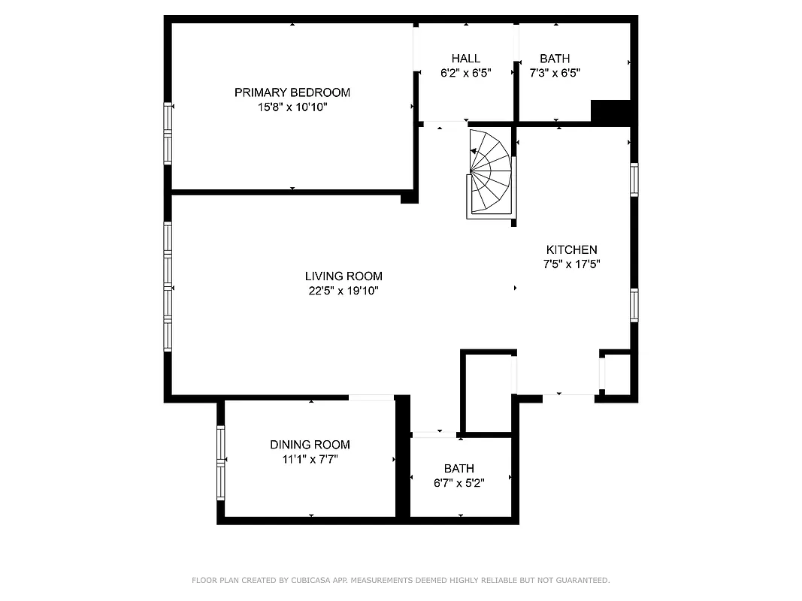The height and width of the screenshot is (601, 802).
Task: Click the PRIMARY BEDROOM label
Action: click(x=292, y=92)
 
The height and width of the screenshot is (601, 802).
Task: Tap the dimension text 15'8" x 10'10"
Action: click(x=292, y=107)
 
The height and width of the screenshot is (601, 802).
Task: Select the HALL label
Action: click(x=465, y=59)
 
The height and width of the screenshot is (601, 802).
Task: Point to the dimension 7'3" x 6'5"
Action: click(x=555, y=73)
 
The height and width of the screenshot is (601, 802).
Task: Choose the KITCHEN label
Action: click(x=571, y=250)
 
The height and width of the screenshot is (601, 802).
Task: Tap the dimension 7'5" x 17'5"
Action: click(x=571, y=264)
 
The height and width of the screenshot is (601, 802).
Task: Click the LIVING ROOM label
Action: click(x=343, y=276)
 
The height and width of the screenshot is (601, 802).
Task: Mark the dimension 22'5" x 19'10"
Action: click(x=343, y=291)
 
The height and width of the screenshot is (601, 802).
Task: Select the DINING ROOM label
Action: click(x=310, y=445)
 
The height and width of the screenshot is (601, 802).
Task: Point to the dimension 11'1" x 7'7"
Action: click(x=310, y=459)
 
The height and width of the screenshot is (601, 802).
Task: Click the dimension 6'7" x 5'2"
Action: click(x=459, y=483)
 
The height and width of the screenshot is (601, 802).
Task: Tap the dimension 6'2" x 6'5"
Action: click(x=465, y=73)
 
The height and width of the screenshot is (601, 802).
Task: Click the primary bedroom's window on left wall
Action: click(x=168, y=133)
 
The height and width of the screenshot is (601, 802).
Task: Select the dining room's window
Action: click(x=221, y=463)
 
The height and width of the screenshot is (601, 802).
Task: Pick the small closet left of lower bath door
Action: click(x=488, y=391)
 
